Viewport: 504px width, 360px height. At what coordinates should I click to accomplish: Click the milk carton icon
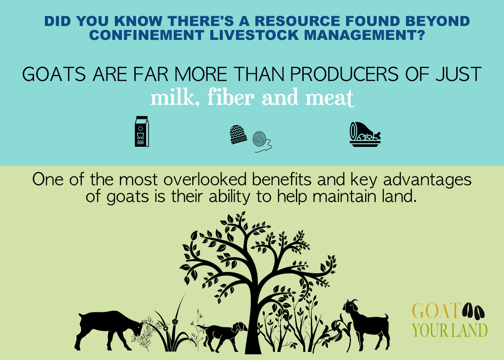(x=142, y=131)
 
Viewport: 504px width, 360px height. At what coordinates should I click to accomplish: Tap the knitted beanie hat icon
(x=238, y=134)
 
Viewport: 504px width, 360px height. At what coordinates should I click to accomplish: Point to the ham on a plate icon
(x=365, y=134)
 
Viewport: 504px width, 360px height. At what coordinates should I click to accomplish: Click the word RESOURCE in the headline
(x=297, y=21)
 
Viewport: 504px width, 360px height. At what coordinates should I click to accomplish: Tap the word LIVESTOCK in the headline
(x=254, y=35)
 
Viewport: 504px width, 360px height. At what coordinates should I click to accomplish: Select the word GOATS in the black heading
(x=54, y=74)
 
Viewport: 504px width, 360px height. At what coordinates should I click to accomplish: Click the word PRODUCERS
(x=345, y=74)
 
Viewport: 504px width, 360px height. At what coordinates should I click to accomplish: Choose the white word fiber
(x=231, y=97)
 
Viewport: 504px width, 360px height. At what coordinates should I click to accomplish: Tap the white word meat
(x=330, y=98)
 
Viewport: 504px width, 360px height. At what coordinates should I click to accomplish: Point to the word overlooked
(x=205, y=180)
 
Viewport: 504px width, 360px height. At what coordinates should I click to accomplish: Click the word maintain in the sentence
(x=344, y=197)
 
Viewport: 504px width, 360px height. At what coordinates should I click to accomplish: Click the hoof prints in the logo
(x=473, y=311)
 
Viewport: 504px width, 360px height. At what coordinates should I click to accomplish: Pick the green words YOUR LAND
(x=449, y=330)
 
